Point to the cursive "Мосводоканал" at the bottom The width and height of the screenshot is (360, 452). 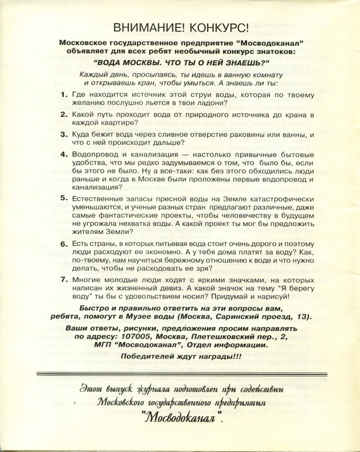[181, 418]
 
